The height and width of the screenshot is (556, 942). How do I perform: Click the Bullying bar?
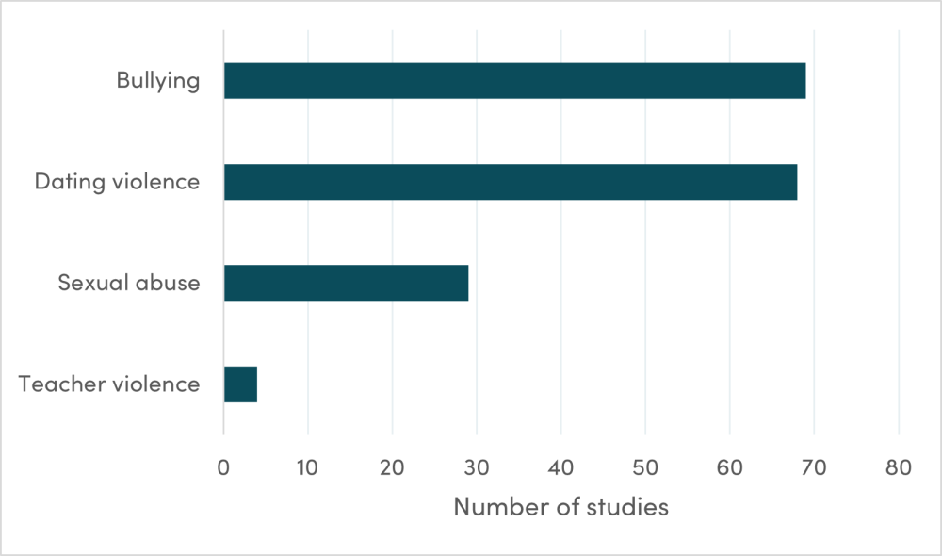514,81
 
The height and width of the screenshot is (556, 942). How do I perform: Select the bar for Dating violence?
511,182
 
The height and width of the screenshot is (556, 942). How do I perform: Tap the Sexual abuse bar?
346,283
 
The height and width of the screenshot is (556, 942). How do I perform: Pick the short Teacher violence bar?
240,384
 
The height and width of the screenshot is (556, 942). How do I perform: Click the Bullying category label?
158,81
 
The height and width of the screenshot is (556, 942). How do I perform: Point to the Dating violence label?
117,182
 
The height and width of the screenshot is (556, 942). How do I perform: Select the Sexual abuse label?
128,283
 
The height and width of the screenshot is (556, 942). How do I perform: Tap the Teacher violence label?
109,384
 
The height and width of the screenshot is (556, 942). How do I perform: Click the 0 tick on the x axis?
223,466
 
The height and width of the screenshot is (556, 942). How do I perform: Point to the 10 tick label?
308,466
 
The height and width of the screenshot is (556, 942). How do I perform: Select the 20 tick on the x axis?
392,466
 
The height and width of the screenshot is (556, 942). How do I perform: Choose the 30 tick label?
477,466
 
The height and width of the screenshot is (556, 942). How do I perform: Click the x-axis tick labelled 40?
561,466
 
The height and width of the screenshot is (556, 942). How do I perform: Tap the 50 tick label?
645,466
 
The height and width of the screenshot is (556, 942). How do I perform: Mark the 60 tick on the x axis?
730,466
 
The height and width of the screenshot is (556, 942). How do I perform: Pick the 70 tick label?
814,466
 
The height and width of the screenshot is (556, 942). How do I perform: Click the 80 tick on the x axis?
899,466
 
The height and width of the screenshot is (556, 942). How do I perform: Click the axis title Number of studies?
561,507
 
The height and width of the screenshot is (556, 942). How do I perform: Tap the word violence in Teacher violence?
154,384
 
